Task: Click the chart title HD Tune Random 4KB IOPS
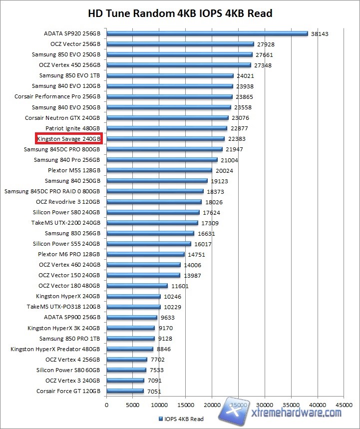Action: coord(180,13)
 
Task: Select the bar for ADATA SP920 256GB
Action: coord(207,34)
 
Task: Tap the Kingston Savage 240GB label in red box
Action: coord(69,139)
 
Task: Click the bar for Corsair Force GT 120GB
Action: coord(125,391)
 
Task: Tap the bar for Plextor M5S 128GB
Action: coord(159,170)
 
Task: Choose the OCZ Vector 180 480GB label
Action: coord(69,286)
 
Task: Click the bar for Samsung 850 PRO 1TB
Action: coord(130,339)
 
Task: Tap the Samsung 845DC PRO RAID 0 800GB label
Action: coord(52,191)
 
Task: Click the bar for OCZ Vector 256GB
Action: coord(180,44)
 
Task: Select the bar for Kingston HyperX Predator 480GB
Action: coord(129,349)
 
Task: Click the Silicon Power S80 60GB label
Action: coord(68,370)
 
